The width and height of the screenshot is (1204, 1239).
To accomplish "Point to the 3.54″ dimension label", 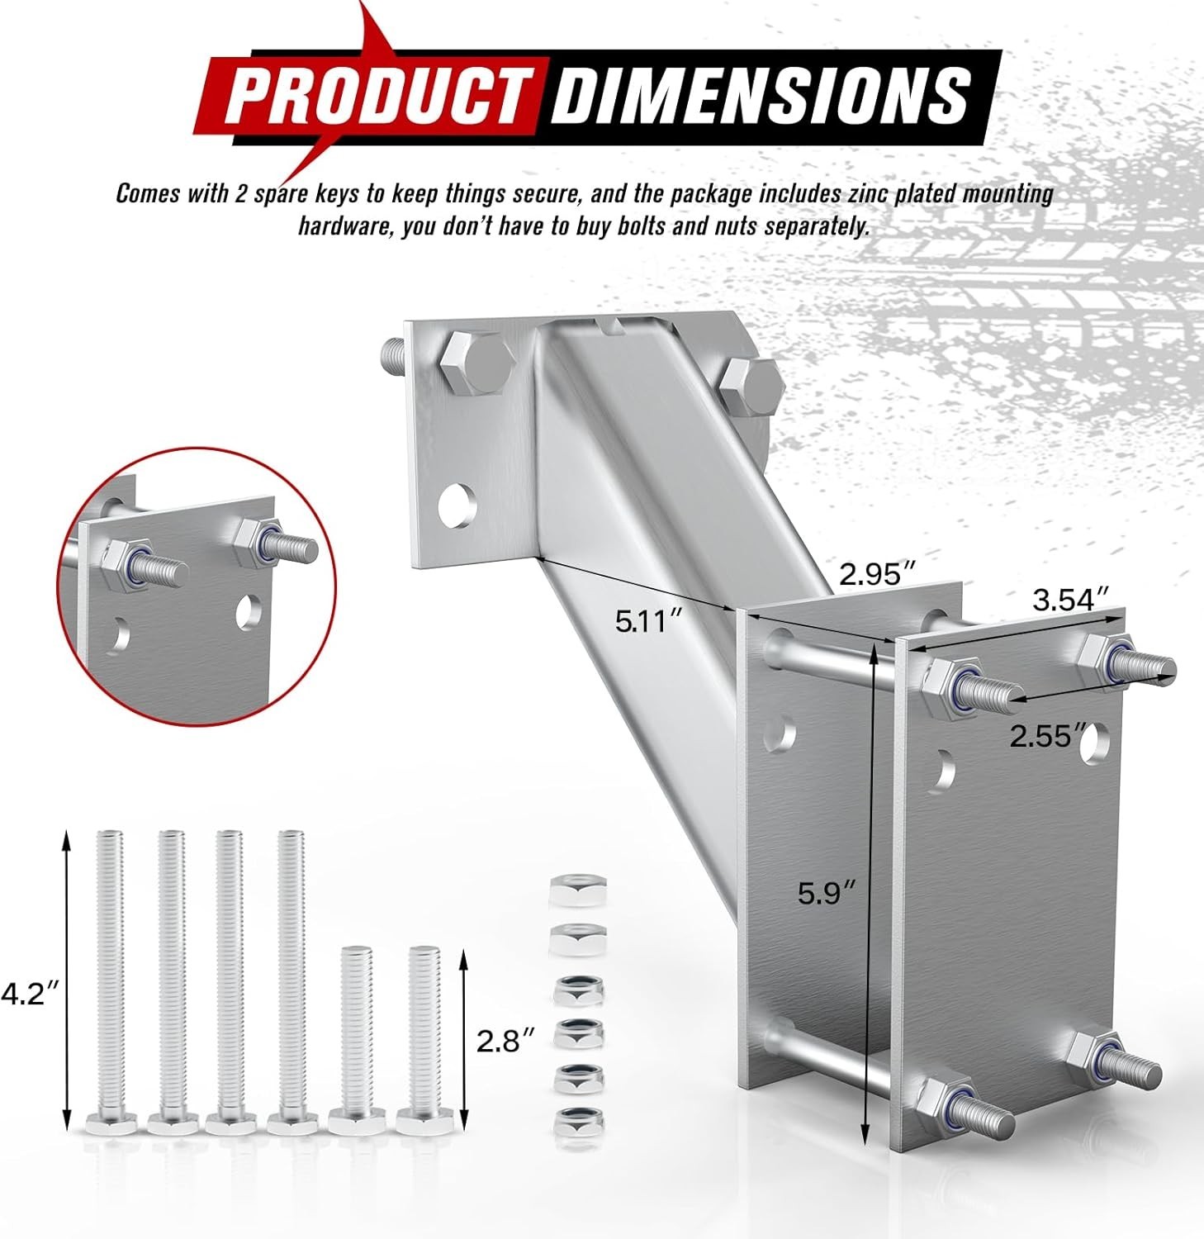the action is [1070, 600].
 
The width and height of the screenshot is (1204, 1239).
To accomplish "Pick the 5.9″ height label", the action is [826, 893].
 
